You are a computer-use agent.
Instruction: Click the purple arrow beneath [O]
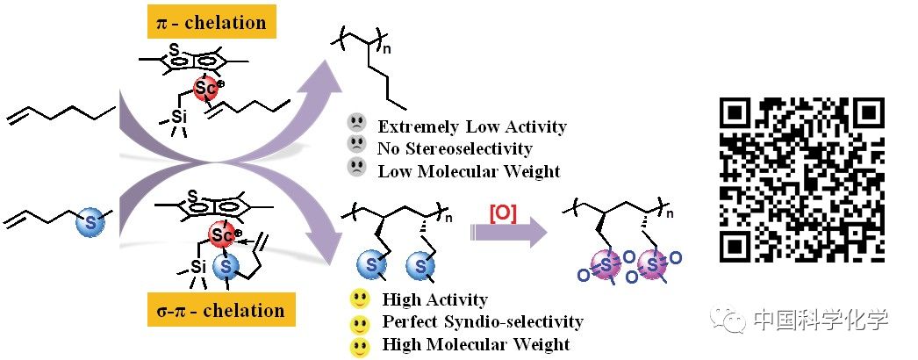506,234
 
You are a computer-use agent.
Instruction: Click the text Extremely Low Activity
472,127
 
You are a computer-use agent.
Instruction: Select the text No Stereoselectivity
455,149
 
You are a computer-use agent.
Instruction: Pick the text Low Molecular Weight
469,171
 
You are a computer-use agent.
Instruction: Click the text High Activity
434,300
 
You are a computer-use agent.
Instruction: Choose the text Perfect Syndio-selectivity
483,322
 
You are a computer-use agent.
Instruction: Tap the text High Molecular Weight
476,344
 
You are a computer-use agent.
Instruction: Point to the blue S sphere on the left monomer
87,221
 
